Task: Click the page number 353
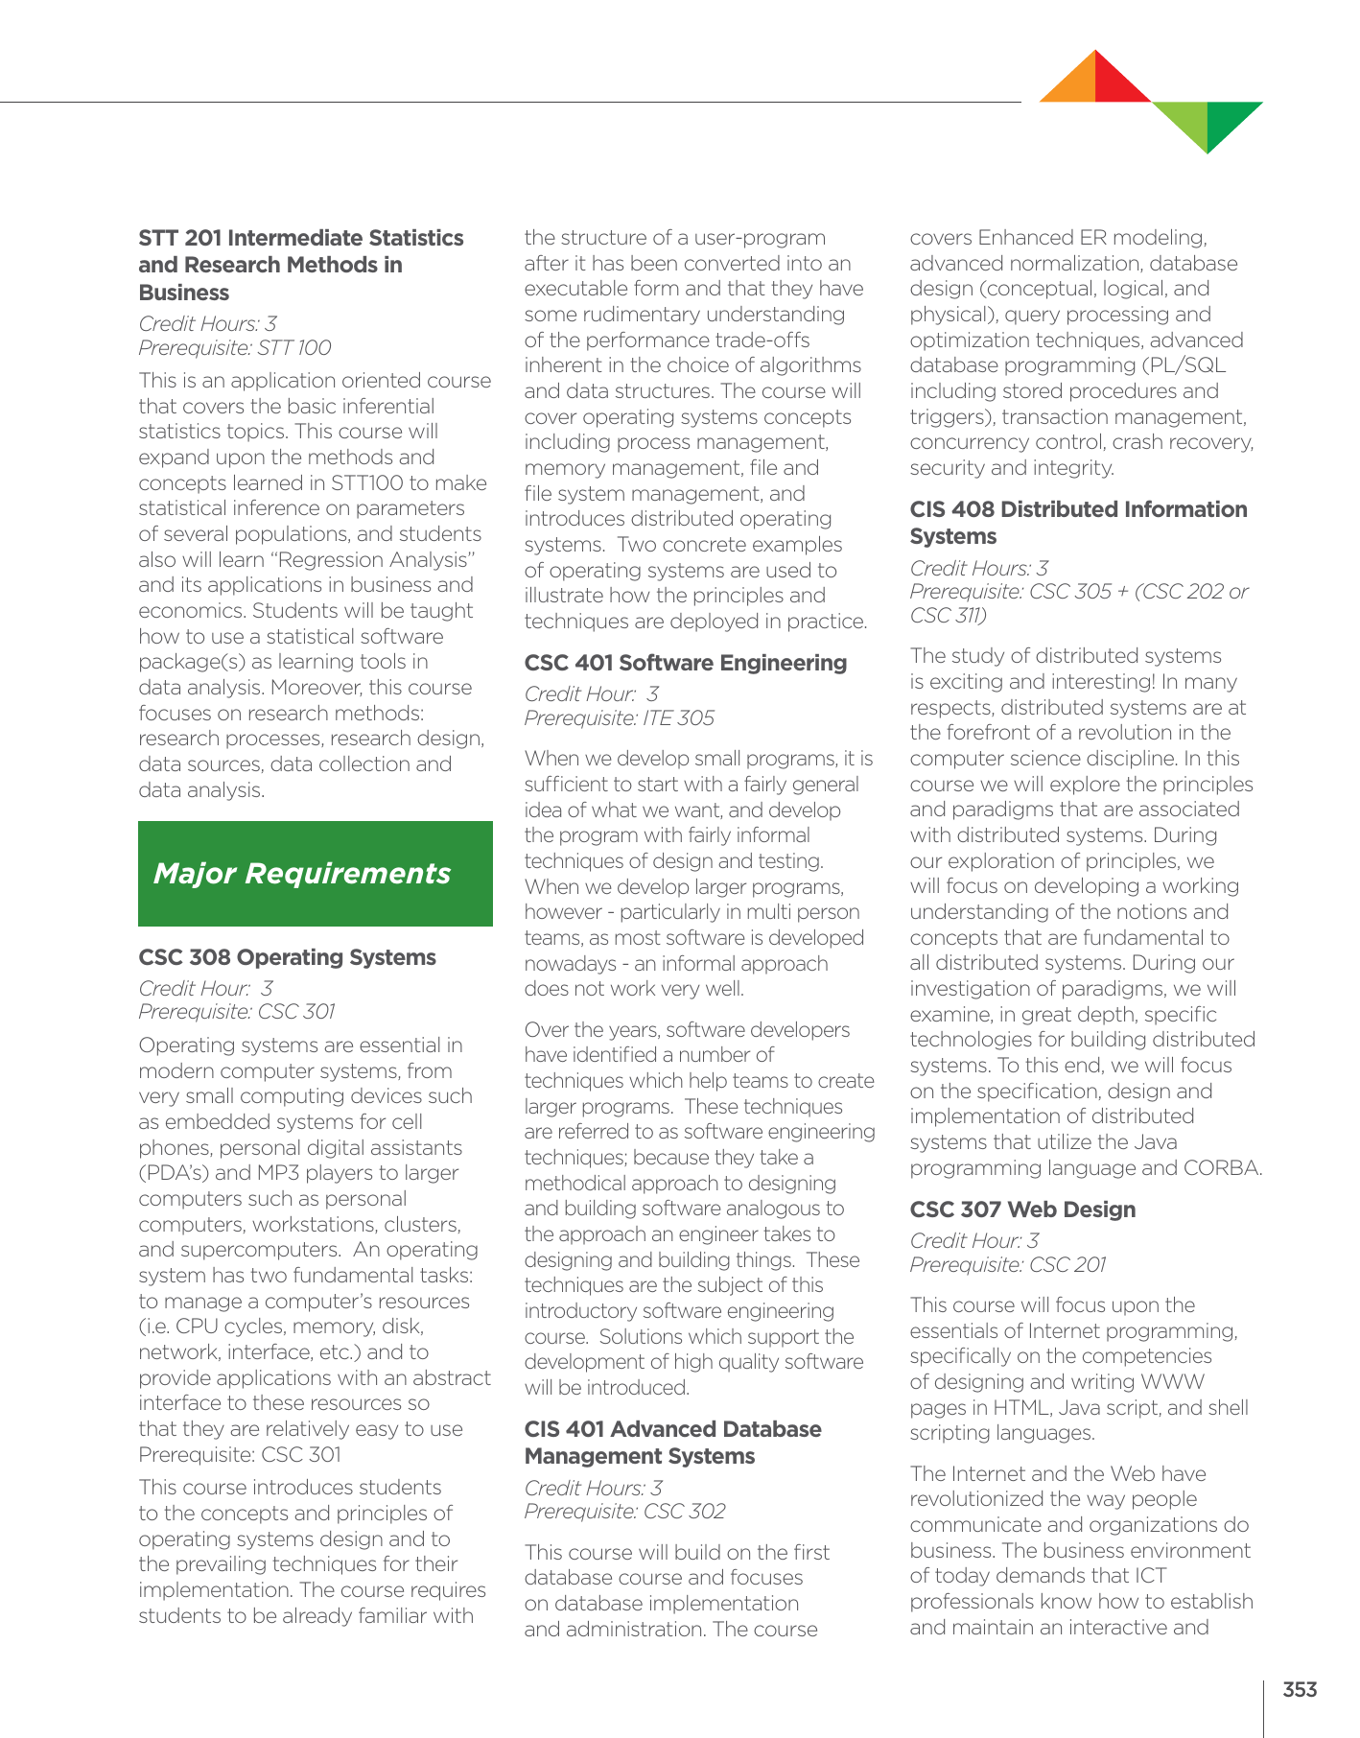(x=1300, y=1690)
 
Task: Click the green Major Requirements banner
(x=315, y=874)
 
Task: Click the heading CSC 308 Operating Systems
(x=287, y=957)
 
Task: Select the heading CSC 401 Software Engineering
(x=685, y=663)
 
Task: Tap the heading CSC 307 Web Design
(x=1022, y=1210)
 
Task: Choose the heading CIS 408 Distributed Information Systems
(x=1078, y=523)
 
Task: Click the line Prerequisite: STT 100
(x=235, y=348)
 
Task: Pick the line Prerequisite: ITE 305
(x=619, y=718)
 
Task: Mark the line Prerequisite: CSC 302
(x=624, y=1512)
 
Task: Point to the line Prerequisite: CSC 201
(x=1007, y=1265)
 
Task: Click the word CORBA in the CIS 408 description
(x=1223, y=1168)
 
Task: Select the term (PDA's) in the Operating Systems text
(x=176, y=1173)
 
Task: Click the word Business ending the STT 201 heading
(x=184, y=293)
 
